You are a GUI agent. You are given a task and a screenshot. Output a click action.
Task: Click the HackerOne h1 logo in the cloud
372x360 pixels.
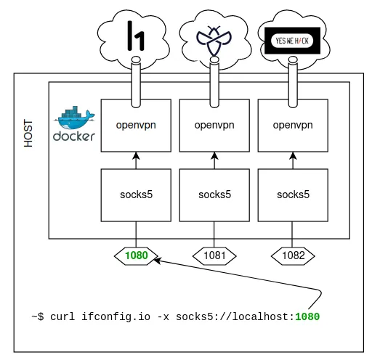(x=136, y=36)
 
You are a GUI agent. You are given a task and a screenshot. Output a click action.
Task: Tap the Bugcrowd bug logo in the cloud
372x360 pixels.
(x=214, y=40)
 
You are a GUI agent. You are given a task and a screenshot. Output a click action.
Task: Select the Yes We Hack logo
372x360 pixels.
(x=292, y=41)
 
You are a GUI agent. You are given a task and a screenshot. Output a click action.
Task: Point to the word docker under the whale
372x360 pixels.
(x=74, y=136)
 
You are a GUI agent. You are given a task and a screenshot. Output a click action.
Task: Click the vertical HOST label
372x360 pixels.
(x=28, y=133)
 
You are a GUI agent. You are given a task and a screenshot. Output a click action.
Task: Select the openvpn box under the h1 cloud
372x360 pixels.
(x=136, y=126)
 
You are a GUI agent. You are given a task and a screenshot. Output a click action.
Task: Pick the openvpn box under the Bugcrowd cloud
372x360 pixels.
(x=214, y=126)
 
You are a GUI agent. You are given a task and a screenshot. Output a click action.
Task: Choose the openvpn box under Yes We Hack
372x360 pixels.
(x=293, y=126)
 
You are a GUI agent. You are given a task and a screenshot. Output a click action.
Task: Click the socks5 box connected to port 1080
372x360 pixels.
(x=136, y=195)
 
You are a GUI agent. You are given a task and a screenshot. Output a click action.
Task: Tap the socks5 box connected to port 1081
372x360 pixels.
(x=214, y=195)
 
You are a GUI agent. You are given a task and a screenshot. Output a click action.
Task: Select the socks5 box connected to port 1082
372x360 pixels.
(x=293, y=195)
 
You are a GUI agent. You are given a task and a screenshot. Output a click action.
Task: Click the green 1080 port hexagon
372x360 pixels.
(x=136, y=255)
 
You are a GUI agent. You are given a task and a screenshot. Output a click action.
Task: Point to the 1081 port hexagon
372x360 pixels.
(x=214, y=255)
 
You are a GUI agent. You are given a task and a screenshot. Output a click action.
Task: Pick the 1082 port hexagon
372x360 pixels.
(x=293, y=255)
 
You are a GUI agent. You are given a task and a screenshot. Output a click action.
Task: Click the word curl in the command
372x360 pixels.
(x=62, y=316)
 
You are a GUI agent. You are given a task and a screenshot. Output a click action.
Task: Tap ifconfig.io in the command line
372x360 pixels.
(x=116, y=317)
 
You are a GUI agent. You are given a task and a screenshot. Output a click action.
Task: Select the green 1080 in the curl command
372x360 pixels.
(x=307, y=316)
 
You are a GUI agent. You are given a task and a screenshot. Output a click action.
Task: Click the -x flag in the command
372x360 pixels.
(x=163, y=317)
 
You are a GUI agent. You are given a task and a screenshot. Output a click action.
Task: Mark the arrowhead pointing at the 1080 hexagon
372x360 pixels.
(x=157, y=261)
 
